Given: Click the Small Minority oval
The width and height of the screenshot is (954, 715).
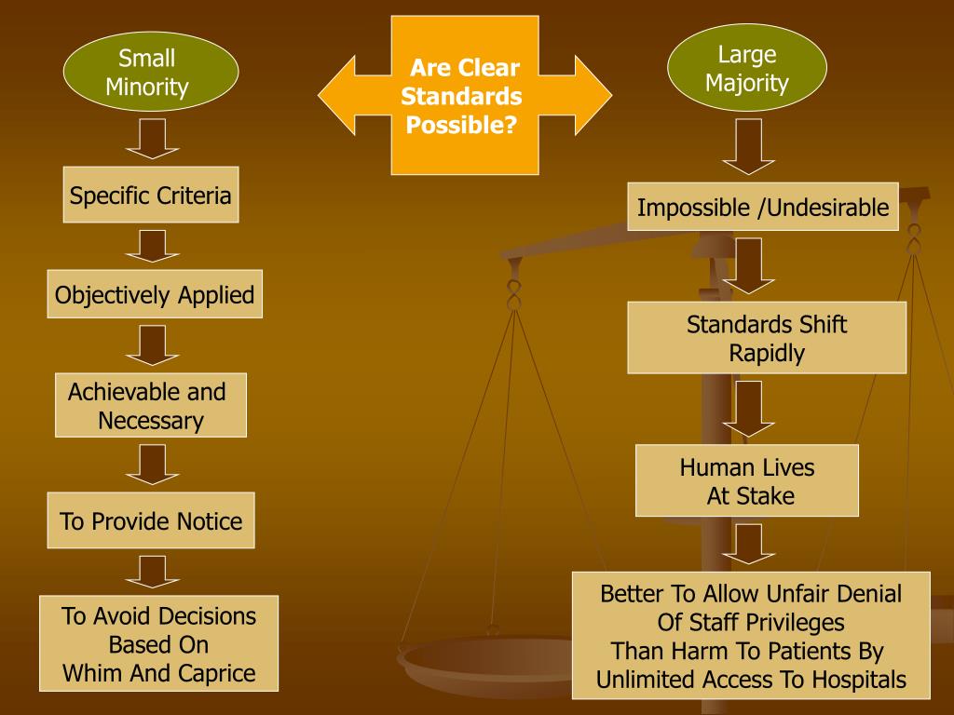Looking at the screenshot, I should click(x=150, y=74).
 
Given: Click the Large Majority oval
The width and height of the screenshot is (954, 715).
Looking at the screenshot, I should click(x=747, y=68).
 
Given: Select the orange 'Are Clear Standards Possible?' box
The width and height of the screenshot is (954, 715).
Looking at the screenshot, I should click(x=464, y=95).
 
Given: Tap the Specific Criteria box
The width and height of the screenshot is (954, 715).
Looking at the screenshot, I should click(x=151, y=196).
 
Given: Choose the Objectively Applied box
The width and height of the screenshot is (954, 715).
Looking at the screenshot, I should click(x=155, y=295).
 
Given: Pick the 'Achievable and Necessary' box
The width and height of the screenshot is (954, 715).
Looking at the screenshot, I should click(x=151, y=406).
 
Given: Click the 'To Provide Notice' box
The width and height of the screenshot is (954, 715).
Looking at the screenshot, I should click(x=151, y=520).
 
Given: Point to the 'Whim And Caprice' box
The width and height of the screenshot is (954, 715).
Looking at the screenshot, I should click(x=158, y=643).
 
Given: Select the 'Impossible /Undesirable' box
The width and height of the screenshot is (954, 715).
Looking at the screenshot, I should click(x=763, y=207).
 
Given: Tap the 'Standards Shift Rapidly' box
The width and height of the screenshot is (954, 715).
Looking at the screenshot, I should click(x=767, y=338).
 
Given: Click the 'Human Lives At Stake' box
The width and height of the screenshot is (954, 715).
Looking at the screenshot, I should click(x=747, y=480).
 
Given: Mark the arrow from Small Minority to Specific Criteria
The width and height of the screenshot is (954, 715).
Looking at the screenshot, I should click(x=151, y=139).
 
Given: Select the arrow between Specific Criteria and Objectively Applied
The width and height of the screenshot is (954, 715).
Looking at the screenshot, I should click(x=151, y=246).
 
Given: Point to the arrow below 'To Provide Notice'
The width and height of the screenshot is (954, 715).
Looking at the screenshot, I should click(x=151, y=571).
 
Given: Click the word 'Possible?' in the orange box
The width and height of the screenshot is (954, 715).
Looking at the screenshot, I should click(x=461, y=125).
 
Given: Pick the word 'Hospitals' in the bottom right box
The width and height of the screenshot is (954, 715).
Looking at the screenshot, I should click(x=856, y=680).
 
